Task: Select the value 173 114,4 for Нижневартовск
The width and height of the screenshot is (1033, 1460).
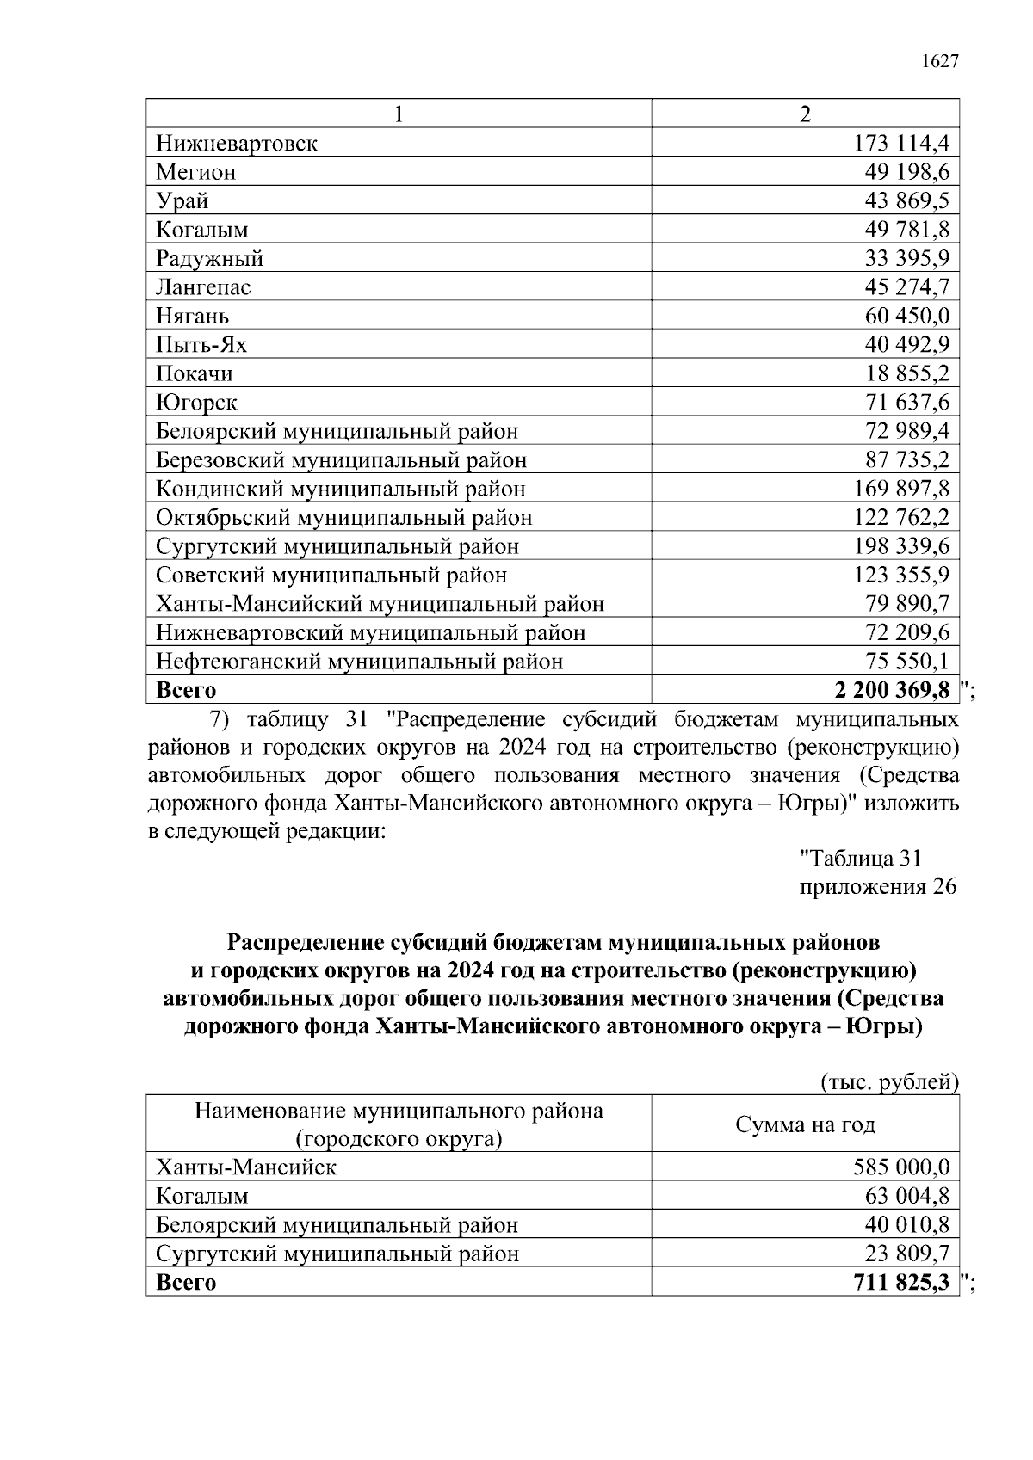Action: (x=901, y=143)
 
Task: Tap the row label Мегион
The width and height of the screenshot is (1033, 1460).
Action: (x=195, y=172)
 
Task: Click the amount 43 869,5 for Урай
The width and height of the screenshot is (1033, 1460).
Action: (x=907, y=200)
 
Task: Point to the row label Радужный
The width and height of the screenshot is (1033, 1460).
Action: (x=209, y=258)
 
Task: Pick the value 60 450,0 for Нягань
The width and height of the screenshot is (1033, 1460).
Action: (x=907, y=316)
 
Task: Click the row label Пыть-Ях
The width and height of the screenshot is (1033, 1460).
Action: (x=201, y=345)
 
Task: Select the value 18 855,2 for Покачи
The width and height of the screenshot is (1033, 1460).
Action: (x=907, y=373)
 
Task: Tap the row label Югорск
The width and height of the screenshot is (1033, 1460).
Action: (x=196, y=403)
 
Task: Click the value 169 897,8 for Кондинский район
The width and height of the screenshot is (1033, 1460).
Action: (x=901, y=489)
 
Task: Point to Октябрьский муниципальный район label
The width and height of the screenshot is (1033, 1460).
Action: (x=343, y=518)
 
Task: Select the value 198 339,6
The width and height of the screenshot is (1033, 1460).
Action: (x=901, y=546)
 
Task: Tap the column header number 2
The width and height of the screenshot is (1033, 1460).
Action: (x=805, y=114)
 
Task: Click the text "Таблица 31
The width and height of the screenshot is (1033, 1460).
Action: (x=861, y=858)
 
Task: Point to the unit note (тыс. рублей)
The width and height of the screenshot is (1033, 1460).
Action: (x=889, y=1081)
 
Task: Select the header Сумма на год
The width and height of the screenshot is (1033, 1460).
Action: (x=805, y=1124)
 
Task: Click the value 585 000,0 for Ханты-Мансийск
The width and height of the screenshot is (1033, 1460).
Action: (x=901, y=1167)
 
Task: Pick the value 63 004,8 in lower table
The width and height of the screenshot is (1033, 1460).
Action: (x=907, y=1196)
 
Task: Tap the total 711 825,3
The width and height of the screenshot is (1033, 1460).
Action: (x=901, y=1283)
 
